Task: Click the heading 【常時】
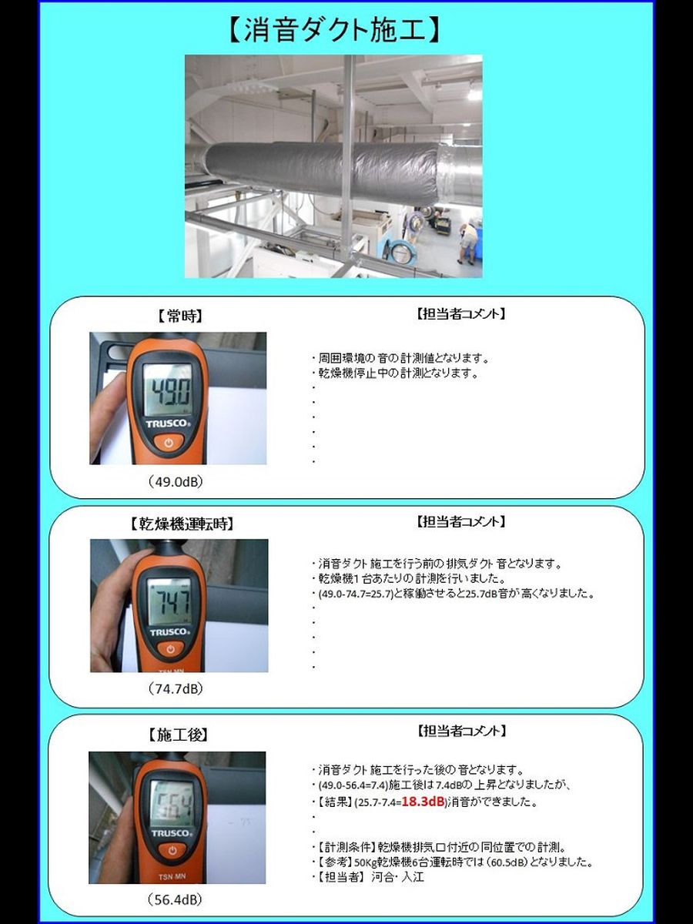tap(179, 316)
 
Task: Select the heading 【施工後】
tap(177, 735)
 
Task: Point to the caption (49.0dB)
tap(175, 481)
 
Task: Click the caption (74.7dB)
tap(175, 688)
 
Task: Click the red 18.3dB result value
tap(423, 802)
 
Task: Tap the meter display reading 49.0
tap(167, 390)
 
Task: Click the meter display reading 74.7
tap(169, 601)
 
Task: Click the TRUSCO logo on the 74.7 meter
tap(170, 632)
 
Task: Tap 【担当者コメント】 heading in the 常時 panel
tap(460, 314)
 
